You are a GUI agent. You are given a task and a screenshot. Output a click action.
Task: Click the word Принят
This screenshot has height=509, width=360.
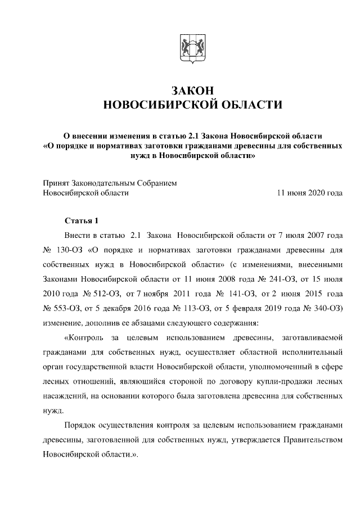coord(57,183)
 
